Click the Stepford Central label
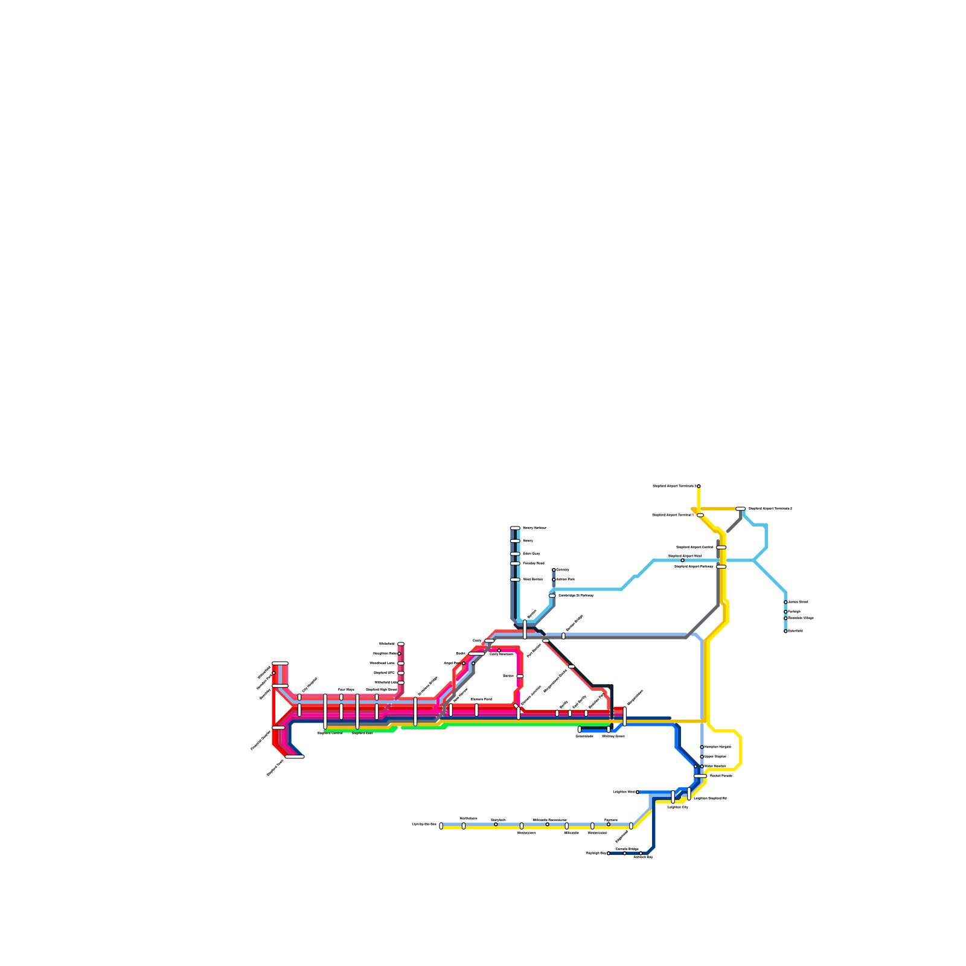330,733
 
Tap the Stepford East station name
362,733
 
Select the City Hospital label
309,685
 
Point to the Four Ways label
346,689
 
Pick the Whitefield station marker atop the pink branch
401,644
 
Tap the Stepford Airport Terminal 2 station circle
699,486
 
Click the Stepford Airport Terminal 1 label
673,515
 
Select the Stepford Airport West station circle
682,560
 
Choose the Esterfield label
795,631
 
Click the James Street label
798,602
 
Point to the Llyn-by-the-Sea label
424,824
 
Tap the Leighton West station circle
638,792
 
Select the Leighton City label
677,807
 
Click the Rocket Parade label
721,776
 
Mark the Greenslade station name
584,737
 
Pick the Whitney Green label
613,737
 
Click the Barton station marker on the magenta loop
520,676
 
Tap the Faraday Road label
534,563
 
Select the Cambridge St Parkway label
575,596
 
